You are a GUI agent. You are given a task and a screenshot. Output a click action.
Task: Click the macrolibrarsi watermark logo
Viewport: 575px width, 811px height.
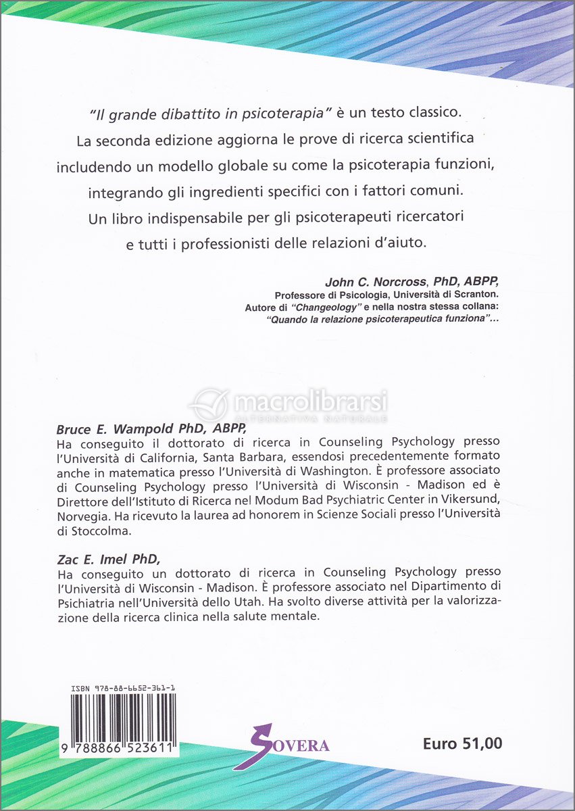point(288,404)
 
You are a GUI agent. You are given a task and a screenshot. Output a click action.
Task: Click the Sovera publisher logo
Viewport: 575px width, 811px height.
point(284,745)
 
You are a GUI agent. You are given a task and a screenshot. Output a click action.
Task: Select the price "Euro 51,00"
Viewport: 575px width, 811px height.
point(462,744)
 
